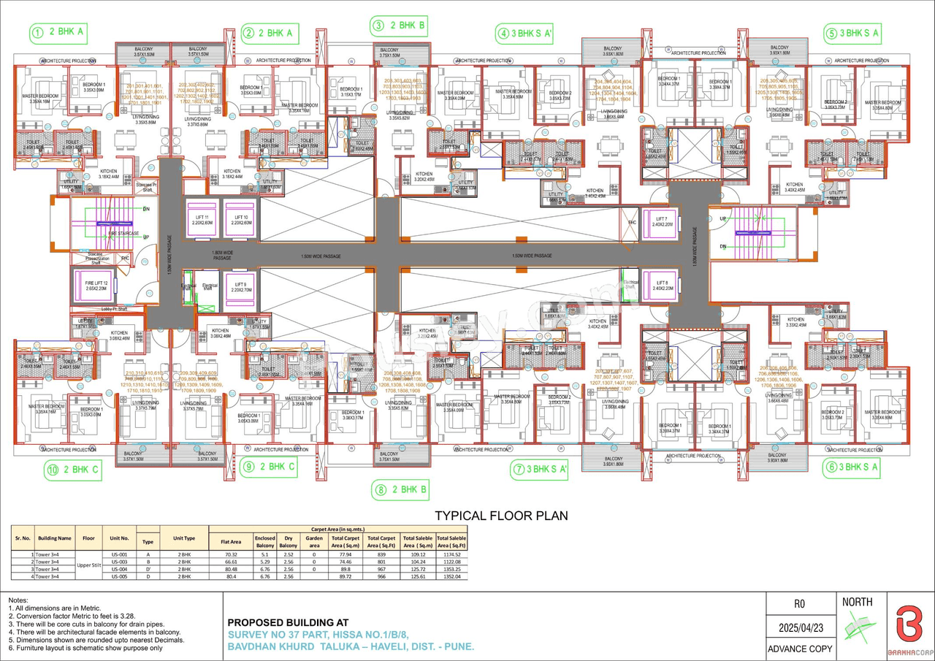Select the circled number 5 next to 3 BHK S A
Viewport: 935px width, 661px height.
coord(831,33)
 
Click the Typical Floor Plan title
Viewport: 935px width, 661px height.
coord(501,516)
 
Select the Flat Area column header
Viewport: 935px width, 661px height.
coord(230,541)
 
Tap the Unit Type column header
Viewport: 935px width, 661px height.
coord(183,538)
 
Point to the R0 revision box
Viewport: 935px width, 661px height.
coord(799,604)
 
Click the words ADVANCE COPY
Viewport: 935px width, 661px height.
coord(799,649)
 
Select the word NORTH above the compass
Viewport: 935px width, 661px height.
coord(858,603)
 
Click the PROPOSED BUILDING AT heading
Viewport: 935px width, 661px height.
coord(289,622)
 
